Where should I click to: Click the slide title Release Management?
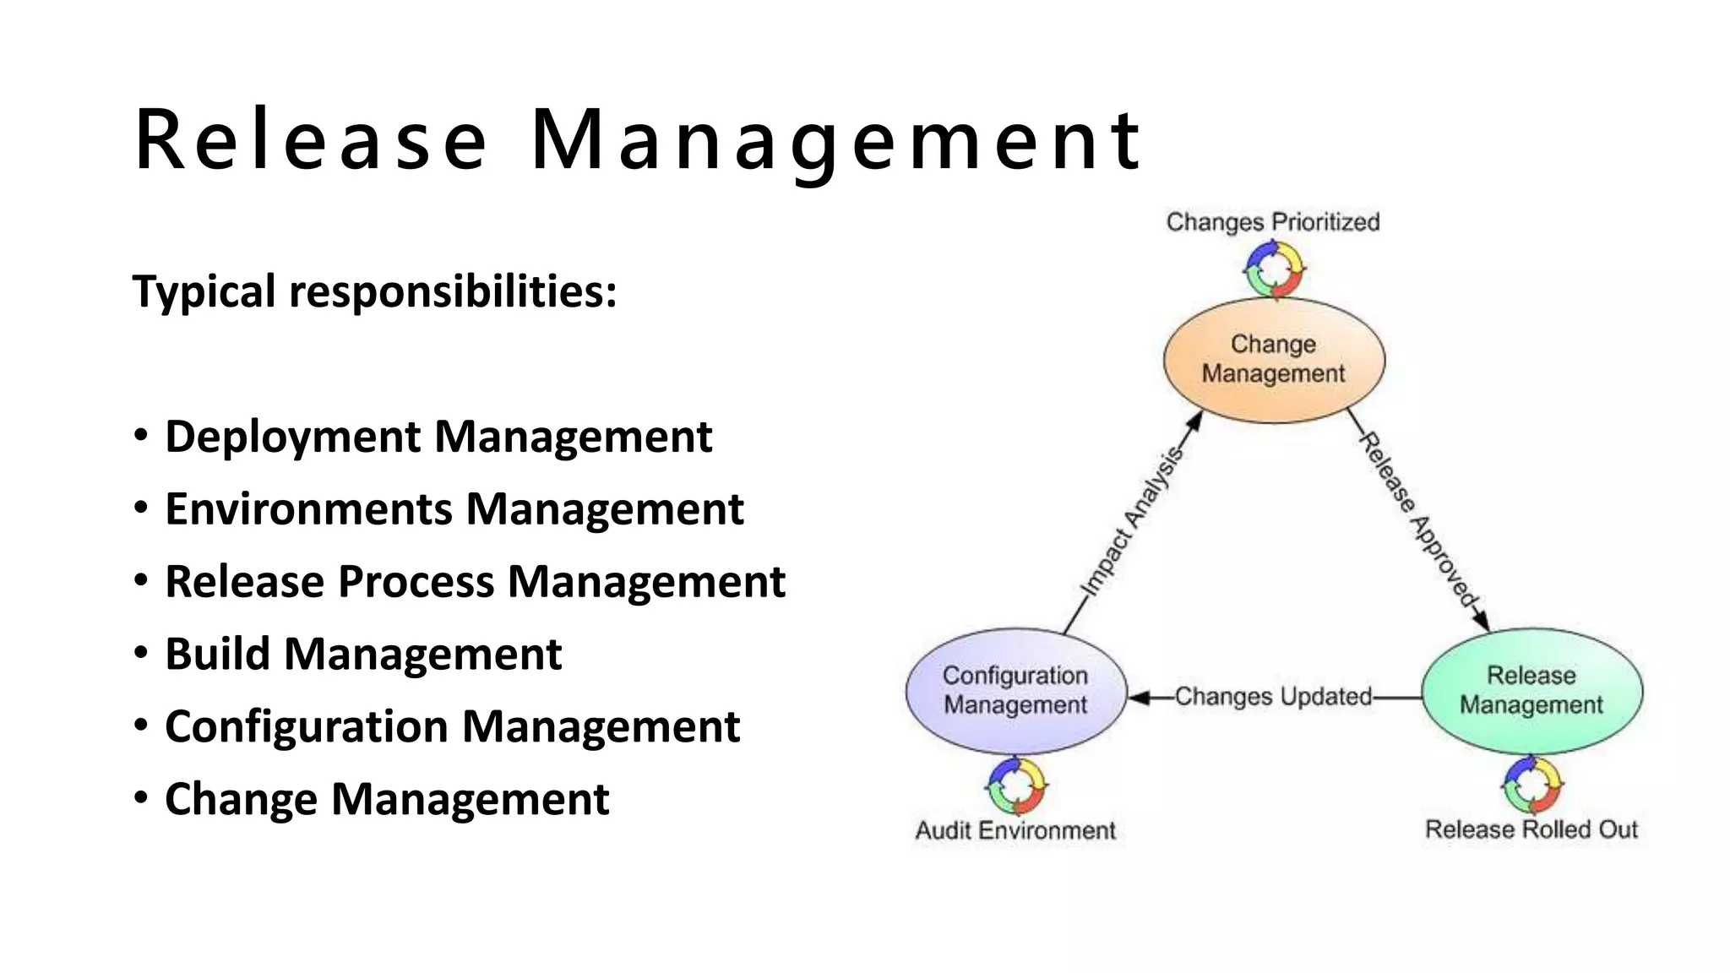(x=638, y=140)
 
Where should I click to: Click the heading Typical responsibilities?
(x=374, y=291)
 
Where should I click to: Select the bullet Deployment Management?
(x=438, y=437)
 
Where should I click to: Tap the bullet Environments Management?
(x=454, y=509)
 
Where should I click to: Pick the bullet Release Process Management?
(x=475, y=582)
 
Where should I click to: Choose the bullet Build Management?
(x=363, y=655)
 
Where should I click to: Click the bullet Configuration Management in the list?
(x=452, y=727)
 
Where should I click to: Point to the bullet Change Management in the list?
(x=387, y=799)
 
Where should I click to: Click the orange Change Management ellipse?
(x=1274, y=360)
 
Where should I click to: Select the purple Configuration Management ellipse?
(x=1015, y=691)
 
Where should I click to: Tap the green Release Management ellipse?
(x=1531, y=691)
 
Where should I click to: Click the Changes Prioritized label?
(x=1273, y=222)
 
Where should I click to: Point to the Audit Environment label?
(x=1015, y=830)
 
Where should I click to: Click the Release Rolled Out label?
(x=1531, y=829)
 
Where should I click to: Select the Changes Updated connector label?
(x=1273, y=697)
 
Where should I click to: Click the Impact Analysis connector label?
(x=1132, y=523)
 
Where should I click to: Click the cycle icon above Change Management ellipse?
(x=1274, y=269)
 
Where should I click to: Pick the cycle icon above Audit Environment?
(x=1016, y=786)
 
